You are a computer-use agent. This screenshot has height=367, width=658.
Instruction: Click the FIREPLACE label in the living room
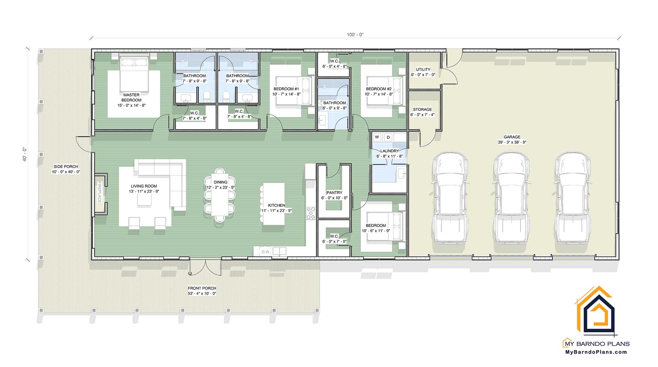(100, 192)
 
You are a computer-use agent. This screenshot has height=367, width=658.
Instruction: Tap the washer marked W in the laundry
(377, 137)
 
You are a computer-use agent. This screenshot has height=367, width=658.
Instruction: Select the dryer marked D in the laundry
(388, 137)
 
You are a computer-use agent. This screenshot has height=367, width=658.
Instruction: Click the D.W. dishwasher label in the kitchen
(266, 252)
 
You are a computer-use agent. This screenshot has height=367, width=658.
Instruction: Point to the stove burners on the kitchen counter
(311, 213)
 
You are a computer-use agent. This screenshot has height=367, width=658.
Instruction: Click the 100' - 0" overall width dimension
(355, 35)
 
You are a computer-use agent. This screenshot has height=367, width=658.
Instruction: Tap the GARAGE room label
(512, 137)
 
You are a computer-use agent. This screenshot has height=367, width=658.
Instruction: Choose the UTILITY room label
(423, 70)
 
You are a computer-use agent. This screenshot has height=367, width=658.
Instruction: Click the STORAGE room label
(422, 109)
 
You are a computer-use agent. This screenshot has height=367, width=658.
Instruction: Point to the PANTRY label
(334, 193)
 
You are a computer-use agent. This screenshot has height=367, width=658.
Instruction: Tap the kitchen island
(274, 204)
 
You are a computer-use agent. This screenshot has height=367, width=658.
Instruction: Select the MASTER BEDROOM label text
(131, 97)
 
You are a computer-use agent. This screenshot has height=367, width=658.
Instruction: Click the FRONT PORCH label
(202, 288)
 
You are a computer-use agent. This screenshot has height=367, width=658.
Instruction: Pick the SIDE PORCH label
(66, 167)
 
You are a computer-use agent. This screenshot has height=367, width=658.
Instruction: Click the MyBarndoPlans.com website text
(596, 352)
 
